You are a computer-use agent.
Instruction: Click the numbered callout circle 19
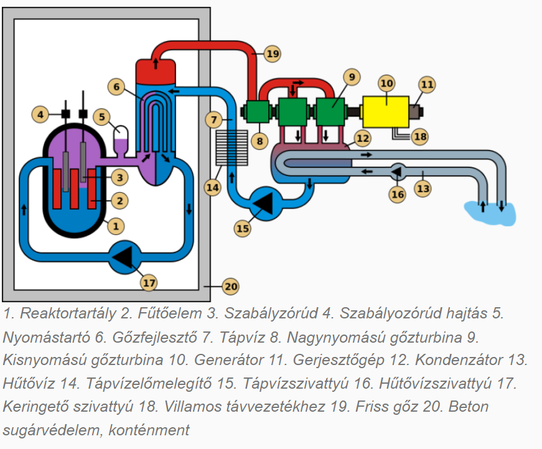tap(273, 53)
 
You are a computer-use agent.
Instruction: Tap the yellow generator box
tap(385, 112)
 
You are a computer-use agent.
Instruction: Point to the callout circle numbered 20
tap(231, 287)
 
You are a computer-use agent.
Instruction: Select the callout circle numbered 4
tap(40, 114)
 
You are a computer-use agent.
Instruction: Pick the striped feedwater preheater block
tap(226, 147)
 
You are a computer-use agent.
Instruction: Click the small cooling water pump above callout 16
tap(398, 170)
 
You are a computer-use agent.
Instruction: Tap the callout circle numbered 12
tap(362, 137)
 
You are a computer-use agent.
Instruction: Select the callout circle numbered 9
tap(352, 77)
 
